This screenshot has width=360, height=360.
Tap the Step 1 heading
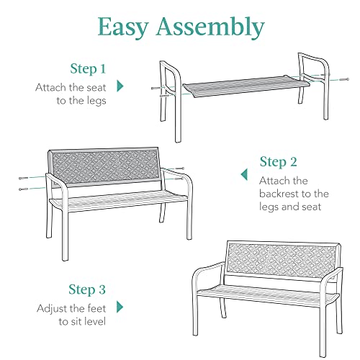click(87, 69)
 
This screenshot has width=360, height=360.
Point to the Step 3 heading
click(87, 290)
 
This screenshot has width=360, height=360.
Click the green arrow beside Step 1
click(120, 86)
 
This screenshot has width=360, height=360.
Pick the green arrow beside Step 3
click(120, 307)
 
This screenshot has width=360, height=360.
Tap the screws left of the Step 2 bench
click(27, 182)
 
